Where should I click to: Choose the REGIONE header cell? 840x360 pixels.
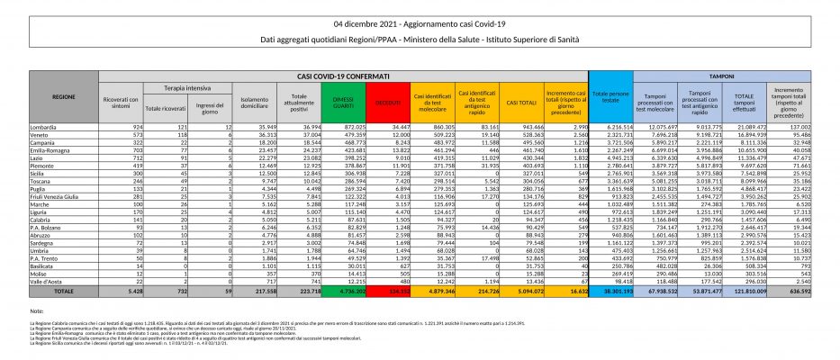click(63, 94)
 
